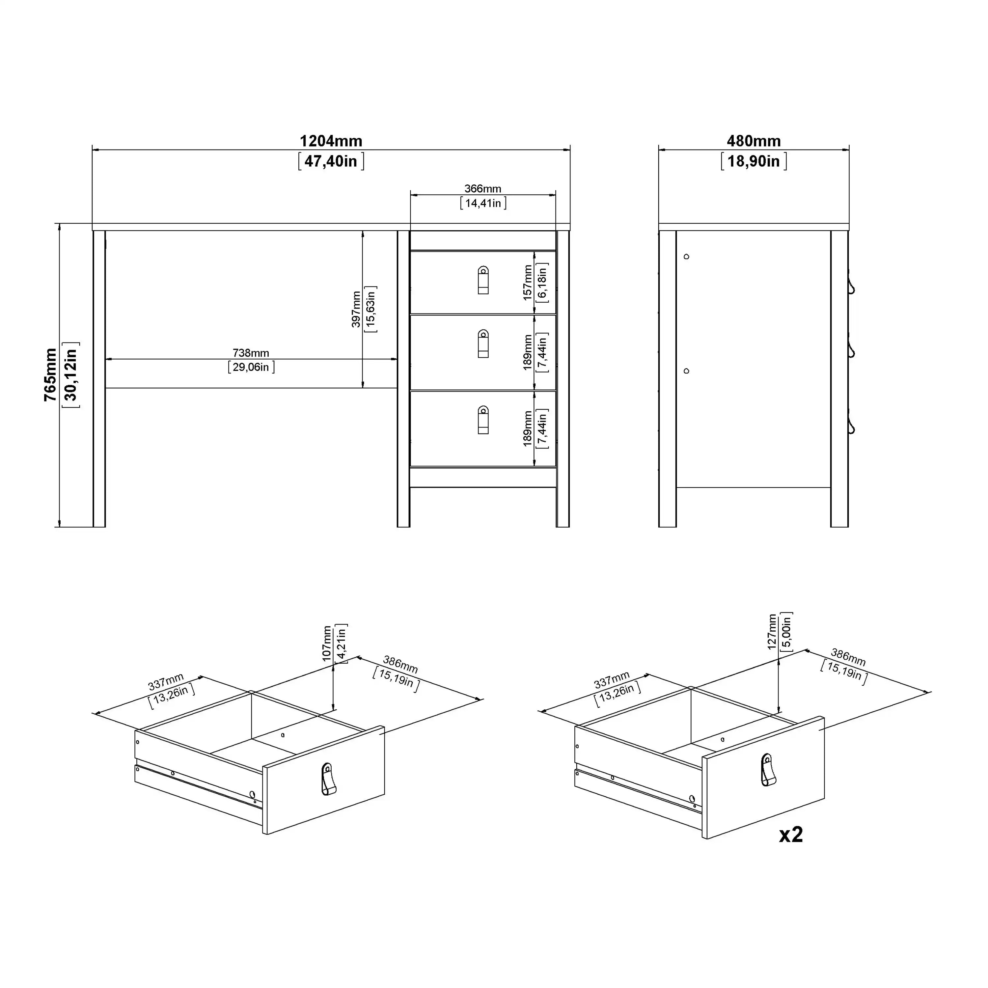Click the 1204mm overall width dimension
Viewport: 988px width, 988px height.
point(331,141)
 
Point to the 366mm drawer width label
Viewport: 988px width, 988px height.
point(483,189)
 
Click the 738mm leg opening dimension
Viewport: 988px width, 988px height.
point(251,353)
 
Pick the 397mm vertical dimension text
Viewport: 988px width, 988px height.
point(356,309)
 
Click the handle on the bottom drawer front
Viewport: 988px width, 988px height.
point(483,420)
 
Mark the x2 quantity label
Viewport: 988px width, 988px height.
point(791,835)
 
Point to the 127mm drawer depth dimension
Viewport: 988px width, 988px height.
point(772,632)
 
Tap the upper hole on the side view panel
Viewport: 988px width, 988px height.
point(686,257)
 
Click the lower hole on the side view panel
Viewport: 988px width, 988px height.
point(686,371)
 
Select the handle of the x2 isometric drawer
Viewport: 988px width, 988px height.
point(768,770)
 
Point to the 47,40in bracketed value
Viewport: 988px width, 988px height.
point(331,162)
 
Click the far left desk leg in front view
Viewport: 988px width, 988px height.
point(99,378)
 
